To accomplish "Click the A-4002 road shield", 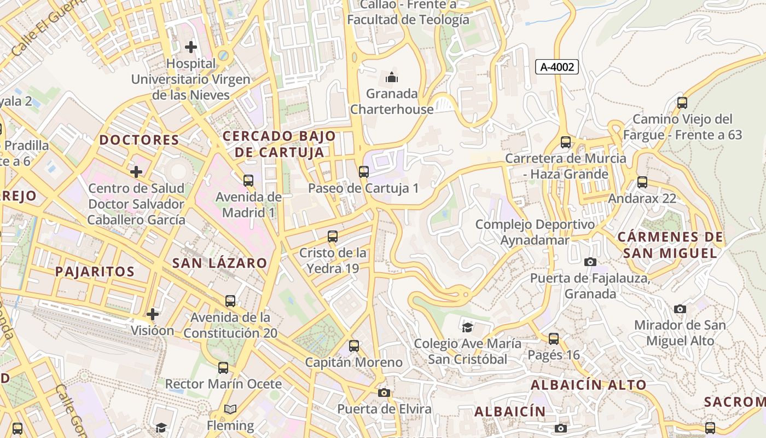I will point(557,67).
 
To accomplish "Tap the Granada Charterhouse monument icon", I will point(392,77).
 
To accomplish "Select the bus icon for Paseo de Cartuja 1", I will point(364,172).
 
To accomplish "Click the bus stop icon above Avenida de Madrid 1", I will point(248,180).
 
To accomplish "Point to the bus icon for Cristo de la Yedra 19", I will point(333,237).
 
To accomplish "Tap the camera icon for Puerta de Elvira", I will point(384,393).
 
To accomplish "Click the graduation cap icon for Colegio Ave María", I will point(467,327).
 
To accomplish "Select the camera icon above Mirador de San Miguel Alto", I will point(680,309).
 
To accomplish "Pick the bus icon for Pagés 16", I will point(554,339).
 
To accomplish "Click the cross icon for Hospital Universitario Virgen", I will point(191,47).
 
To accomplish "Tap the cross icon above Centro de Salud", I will point(136,172).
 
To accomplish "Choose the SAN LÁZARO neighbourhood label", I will point(220,263).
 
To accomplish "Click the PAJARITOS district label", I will point(95,272).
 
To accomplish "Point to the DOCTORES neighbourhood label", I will point(140,140).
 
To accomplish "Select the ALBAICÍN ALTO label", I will point(589,385).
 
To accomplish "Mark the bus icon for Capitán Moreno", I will point(354,346).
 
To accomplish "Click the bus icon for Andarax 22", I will point(642,182).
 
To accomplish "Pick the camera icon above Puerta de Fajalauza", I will point(590,262).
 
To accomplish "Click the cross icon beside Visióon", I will point(153,314).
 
